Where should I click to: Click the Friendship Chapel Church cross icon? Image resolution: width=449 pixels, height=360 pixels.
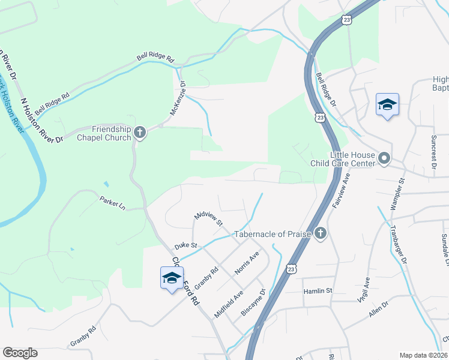(x=140, y=132)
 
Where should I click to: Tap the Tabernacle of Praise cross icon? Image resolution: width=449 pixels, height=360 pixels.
(x=321, y=233)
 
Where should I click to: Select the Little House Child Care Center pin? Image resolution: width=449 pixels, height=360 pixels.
(x=384, y=159)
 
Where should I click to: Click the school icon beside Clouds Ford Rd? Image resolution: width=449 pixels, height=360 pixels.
(x=172, y=278)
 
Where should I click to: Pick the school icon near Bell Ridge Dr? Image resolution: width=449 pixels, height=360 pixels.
(x=387, y=104)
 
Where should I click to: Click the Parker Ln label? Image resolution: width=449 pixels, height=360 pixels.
(x=113, y=204)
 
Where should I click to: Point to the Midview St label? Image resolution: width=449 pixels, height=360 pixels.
(x=208, y=218)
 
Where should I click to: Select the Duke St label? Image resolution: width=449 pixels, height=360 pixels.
(x=185, y=245)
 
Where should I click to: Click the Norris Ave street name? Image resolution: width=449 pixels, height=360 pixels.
(x=247, y=263)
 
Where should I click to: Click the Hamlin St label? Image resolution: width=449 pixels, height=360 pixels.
(x=320, y=290)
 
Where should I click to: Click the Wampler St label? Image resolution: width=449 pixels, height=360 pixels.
(x=398, y=193)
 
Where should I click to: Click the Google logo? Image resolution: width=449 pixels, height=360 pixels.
(x=20, y=353)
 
